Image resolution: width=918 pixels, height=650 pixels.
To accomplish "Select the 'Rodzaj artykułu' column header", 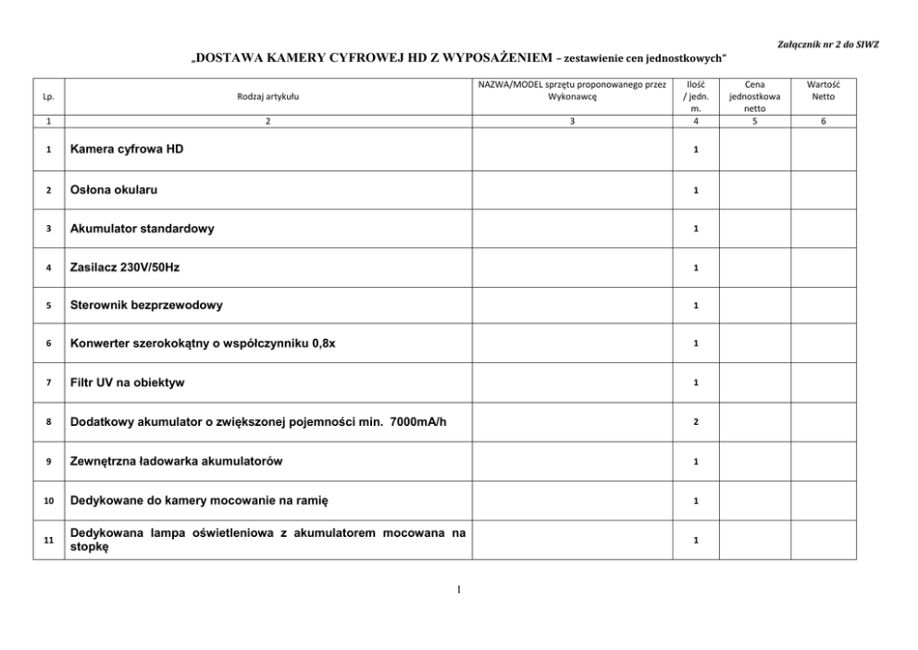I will pos(268,95).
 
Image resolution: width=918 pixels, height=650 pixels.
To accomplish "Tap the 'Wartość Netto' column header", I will pos(823,89).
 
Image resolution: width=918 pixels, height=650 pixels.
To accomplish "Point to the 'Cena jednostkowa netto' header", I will pos(754,95).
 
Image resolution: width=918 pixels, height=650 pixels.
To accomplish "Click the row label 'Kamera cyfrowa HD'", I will pos(127,149).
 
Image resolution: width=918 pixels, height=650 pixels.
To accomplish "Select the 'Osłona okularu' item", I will pos(114,190).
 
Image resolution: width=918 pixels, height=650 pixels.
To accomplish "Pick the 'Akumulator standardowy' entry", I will pos(142,229).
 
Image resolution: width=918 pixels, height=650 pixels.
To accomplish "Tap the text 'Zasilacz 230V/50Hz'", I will pos(125,267).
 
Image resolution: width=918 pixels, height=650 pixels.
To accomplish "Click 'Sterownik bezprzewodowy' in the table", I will pos(146,305).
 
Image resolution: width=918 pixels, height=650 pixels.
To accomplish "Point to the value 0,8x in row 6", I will pos(324,344).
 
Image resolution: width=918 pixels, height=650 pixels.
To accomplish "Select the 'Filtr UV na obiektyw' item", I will pos(133,382).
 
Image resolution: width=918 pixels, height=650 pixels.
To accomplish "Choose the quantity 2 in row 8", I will pos(696,421).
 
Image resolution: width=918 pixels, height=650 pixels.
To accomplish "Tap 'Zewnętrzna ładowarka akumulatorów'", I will pos(176,460).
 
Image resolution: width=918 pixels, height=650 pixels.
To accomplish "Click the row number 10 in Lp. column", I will pos(48,501).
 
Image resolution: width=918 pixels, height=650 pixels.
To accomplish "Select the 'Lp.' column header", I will pos(48,95).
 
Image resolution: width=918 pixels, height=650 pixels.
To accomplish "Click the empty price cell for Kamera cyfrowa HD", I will pos(754,150).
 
